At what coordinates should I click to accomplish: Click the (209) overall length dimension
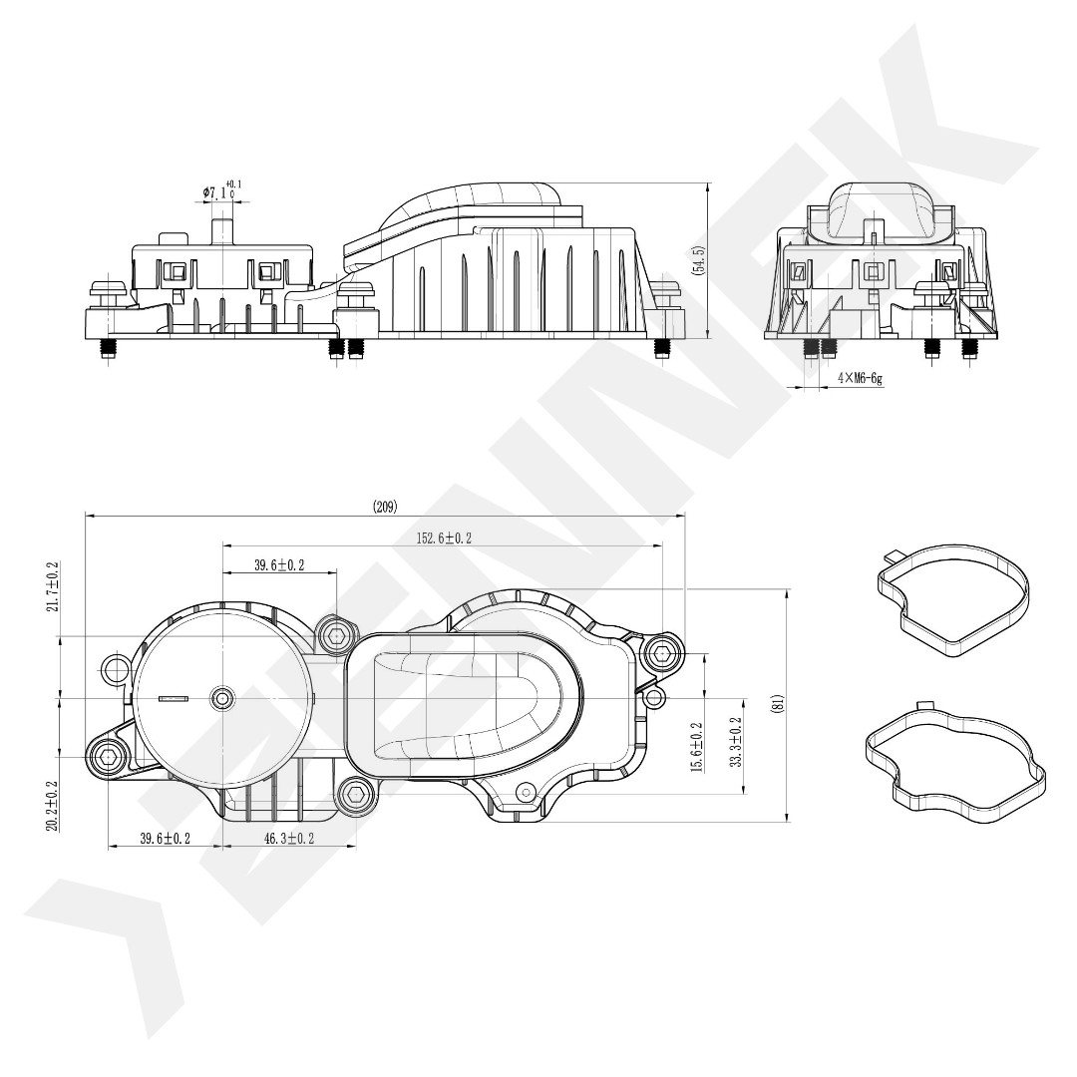[x=385, y=507]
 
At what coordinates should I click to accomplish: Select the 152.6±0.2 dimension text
[x=445, y=538]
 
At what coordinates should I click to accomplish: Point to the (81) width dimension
[x=778, y=704]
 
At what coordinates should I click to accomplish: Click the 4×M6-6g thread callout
[x=860, y=379]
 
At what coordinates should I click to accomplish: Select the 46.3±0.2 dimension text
[x=290, y=839]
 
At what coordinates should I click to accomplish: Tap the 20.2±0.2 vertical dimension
[x=52, y=806]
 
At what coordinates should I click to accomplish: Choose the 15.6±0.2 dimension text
[x=697, y=748]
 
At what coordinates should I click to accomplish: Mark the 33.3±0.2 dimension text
[x=736, y=743]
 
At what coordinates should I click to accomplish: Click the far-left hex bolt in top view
[x=107, y=758]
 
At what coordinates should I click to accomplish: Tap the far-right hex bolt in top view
[x=662, y=653]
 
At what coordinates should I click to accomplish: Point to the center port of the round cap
[x=221, y=698]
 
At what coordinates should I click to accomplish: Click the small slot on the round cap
[x=174, y=699]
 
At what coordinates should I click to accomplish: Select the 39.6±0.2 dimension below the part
[x=165, y=839]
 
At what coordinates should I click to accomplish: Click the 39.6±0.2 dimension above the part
[x=279, y=566]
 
